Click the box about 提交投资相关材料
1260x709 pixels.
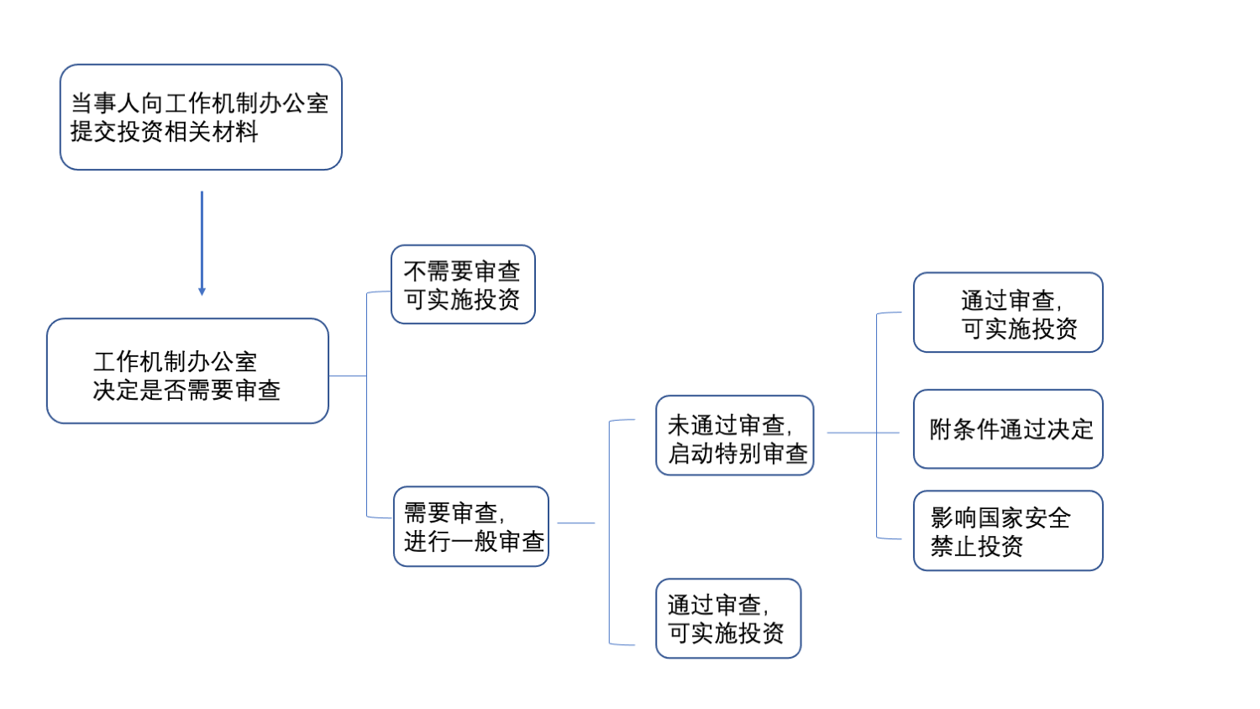pos(201,117)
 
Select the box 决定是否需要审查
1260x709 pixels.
pos(187,370)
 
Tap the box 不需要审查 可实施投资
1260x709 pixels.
pos(463,284)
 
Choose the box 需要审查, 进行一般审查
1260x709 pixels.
pos(470,526)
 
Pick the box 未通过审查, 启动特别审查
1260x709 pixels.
pos(734,435)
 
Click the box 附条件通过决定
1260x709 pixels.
pos(1008,429)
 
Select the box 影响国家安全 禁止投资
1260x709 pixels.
pos(1008,531)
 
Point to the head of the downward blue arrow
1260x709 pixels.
pos(202,291)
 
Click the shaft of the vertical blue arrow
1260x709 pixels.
pos(202,239)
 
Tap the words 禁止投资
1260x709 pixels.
pos(976,546)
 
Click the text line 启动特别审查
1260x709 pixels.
pos(738,454)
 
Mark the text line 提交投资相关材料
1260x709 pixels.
pos(164,132)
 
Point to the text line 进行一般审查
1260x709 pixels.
pos(474,542)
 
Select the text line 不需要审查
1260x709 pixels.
pos(462,270)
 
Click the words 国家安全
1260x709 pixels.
pos(1023,517)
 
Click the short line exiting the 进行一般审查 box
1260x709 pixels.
pos(576,523)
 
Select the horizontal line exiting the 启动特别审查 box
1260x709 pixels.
pos(863,433)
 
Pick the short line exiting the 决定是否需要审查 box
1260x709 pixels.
pos(347,376)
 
